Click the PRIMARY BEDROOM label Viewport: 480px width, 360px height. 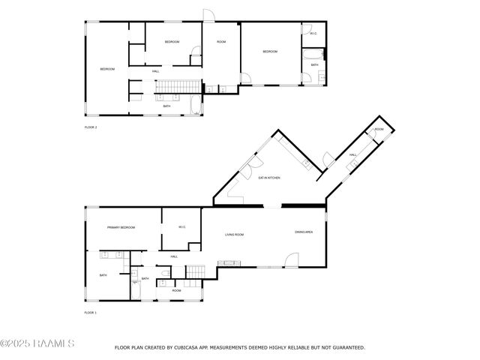pyautogui.click(x=121, y=227)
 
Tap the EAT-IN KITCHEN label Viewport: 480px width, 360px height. pyautogui.click(x=269, y=178)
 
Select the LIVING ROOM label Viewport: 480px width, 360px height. pyautogui.click(x=235, y=235)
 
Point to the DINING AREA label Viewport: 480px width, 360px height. pyautogui.click(x=304, y=232)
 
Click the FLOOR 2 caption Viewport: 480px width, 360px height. pyautogui.click(x=91, y=127)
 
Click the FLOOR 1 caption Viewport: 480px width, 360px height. pyautogui.click(x=91, y=312)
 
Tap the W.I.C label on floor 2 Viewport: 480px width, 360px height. pyautogui.click(x=313, y=33)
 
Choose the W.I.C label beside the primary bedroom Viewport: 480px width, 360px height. pyautogui.click(x=181, y=227)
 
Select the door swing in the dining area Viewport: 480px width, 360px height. pyautogui.click(x=290, y=260)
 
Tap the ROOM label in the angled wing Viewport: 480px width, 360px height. pyautogui.click(x=379, y=130)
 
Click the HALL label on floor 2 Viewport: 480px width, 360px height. pyautogui.click(x=155, y=71)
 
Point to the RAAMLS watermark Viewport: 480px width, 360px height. pyautogui.click(x=37, y=344)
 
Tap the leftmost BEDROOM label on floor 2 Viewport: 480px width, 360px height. pyautogui.click(x=107, y=69)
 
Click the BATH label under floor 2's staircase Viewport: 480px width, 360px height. pyautogui.click(x=166, y=106)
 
